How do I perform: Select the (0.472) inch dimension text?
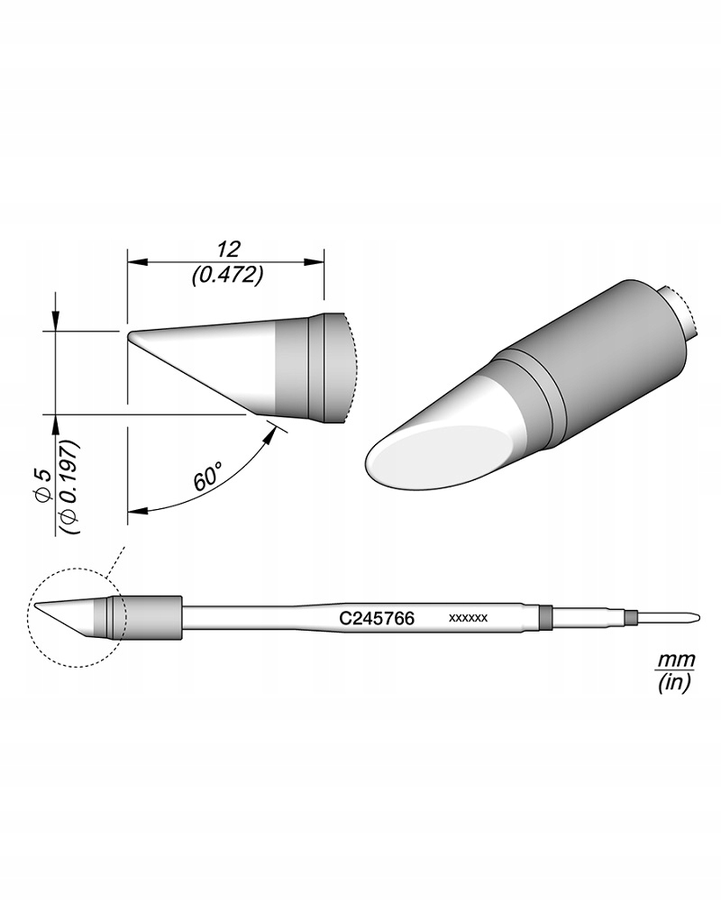point(227,276)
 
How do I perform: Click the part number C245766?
point(376,619)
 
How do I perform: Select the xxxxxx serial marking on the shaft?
point(468,618)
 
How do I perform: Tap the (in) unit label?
point(672,684)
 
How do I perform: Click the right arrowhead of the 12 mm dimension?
point(317,263)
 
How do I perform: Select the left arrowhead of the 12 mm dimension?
point(135,263)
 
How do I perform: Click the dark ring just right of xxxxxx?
point(543,617)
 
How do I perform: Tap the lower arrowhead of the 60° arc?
point(135,512)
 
